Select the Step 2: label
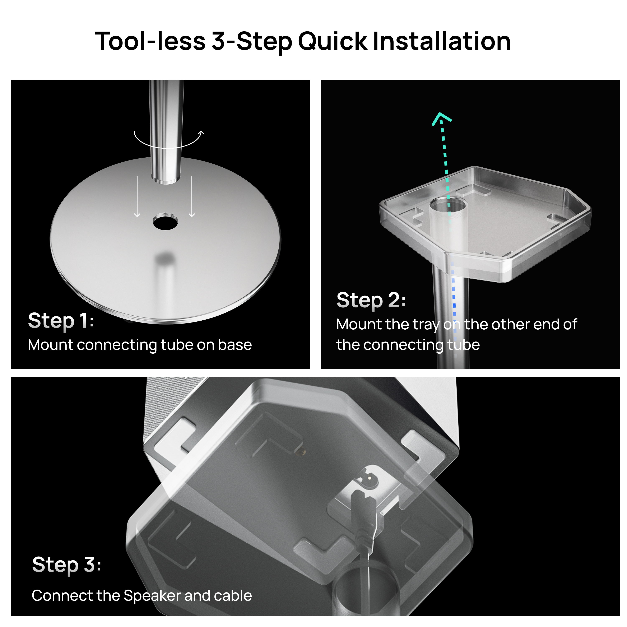[x=371, y=300]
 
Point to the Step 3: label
[x=66, y=565]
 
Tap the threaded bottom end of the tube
[x=166, y=178]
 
